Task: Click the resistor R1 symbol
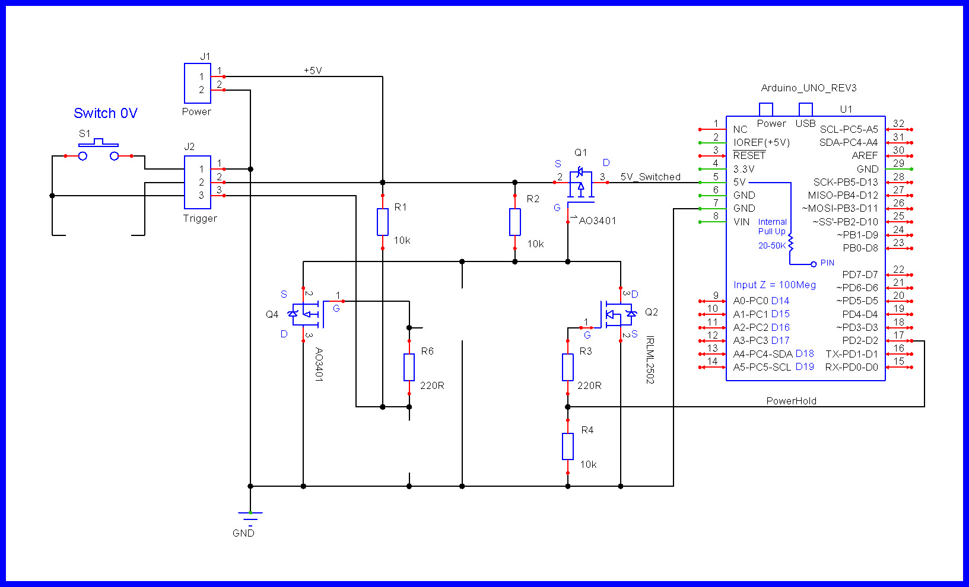[383, 222]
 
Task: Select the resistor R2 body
[515, 222]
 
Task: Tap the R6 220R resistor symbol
[409, 367]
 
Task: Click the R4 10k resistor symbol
[568, 446]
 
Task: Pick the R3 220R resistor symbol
[568, 367]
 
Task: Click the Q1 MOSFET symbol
[580, 184]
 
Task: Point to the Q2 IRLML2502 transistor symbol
[617, 314]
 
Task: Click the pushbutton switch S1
[99, 151]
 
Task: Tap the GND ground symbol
[250, 516]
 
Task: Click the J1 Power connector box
[198, 83]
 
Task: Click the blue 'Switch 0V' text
[106, 113]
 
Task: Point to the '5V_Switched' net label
[650, 177]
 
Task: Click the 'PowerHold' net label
[791, 401]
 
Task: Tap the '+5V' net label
[313, 71]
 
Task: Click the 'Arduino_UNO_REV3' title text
[809, 88]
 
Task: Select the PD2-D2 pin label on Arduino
[860, 340]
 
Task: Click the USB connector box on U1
[805, 110]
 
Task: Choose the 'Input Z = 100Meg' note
[774, 285]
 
